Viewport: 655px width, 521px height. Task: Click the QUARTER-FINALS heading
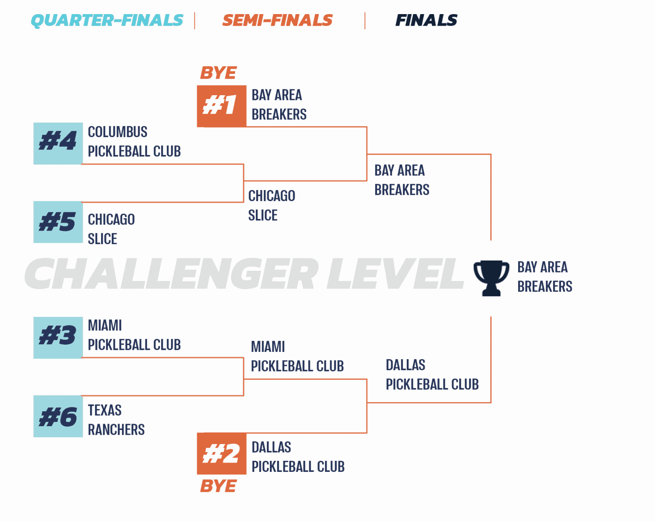pyautogui.click(x=107, y=20)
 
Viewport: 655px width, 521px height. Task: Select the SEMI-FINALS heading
pyautogui.click(x=277, y=20)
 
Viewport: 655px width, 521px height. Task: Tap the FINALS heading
pyautogui.click(x=426, y=20)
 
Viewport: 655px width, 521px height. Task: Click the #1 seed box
pyautogui.click(x=221, y=106)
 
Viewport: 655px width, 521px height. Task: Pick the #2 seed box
pyautogui.click(x=221, y=454)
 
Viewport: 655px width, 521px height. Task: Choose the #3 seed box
pyautogui.click(x=58, y=337)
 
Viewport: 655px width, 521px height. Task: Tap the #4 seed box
pyautogui.click(x=58, y=143)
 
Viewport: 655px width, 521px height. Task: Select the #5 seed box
pyautogui.click(x=58, y=222)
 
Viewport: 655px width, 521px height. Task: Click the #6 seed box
pyautogui.click(x=58, y=416)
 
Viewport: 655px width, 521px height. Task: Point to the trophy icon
pyautogui.click(x=491, y=278)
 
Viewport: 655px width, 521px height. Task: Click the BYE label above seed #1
pyautogui.click(x=218, y=73)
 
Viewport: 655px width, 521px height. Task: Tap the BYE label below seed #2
pyautogui.click(x=218, y=486)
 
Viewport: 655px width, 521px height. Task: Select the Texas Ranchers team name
pyautogui.click(x=116, y=420)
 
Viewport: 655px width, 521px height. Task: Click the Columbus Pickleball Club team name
pyautogui.click(x=134, y=141)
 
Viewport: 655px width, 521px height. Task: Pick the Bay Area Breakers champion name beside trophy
pyautogui.click(x=545, y=277)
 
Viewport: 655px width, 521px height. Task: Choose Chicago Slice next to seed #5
pyautogui.click(x=111, y=229)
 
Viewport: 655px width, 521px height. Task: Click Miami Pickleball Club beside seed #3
pyautogui.click(x=134, y=335)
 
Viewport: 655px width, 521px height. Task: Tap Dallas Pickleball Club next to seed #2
pyautogui.click(x=298, y=457)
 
